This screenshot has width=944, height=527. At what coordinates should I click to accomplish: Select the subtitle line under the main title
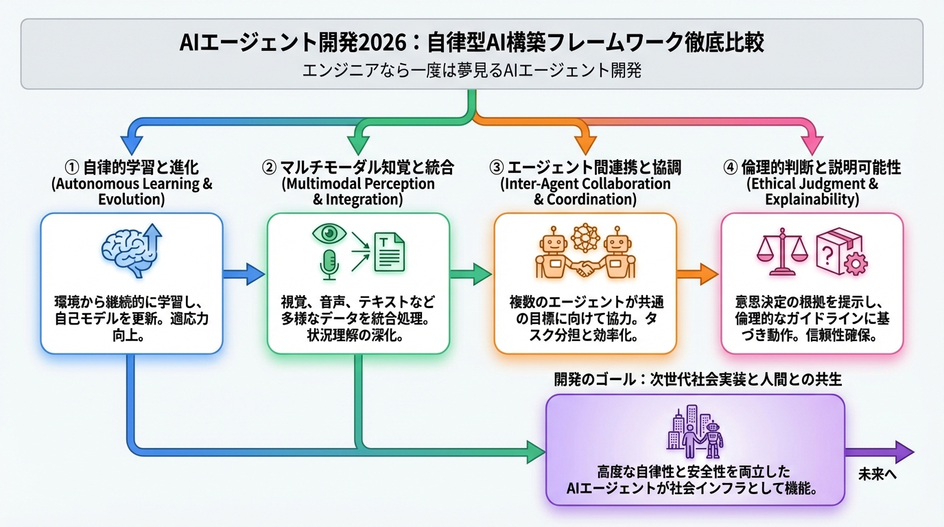click(x=471, y=71)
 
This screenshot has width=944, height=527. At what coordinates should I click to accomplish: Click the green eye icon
click(x=329, y=234)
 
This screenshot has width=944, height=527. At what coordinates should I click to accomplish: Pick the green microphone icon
click(x=330, y=264)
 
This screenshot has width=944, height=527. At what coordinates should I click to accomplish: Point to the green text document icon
click(x=389, y=251)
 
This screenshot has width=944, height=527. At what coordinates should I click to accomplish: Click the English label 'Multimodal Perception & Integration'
click(x=357, y=191)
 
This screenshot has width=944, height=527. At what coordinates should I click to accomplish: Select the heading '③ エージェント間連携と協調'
click(x=585, y=167)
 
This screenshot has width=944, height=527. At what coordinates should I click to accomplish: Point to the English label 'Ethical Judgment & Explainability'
click(x=812, y=191)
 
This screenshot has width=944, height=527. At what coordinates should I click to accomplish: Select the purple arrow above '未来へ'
click(x=880, y=452)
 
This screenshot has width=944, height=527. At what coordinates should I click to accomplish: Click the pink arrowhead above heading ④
click(x=813, y=145)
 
